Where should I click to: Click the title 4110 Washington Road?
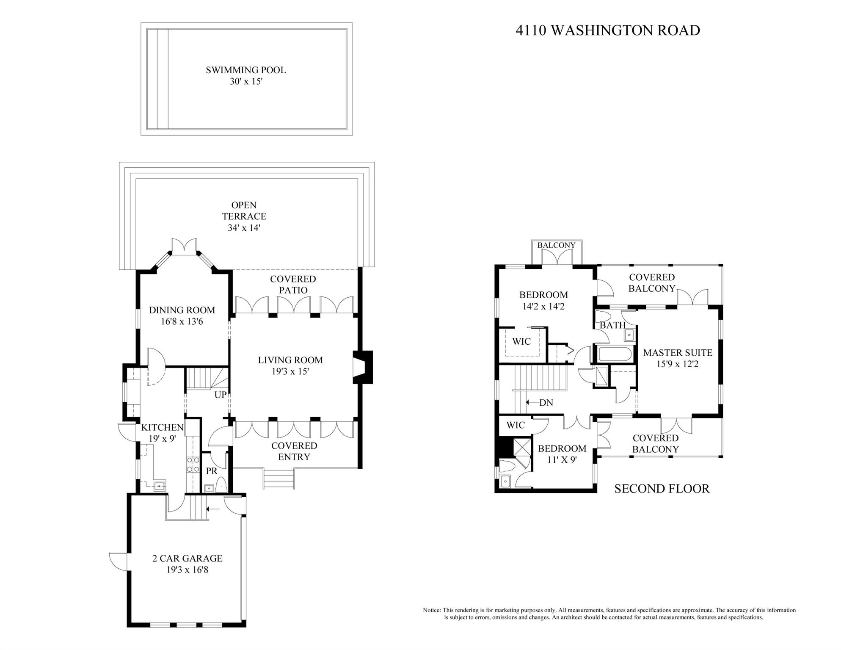(608, 30)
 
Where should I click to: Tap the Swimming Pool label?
(246, 70)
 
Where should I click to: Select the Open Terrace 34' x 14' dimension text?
(243, 228)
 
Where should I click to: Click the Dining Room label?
(182, 310)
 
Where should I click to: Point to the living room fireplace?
(363, 367)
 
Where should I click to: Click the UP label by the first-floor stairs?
(221, 395)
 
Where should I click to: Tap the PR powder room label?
(212, 471)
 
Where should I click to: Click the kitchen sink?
(160, 486)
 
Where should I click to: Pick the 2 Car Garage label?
(187, 559)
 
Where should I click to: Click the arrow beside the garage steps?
(213, 509)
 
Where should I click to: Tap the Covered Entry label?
(294, 451)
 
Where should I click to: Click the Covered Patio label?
(293, 285)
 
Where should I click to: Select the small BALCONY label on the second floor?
(557, 245)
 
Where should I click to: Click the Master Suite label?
(678, 352)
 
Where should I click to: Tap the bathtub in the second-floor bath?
(615, 354)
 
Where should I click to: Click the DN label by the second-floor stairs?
(546, 403)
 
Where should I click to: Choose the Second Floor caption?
(662, 489)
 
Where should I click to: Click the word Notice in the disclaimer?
(432, 610)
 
